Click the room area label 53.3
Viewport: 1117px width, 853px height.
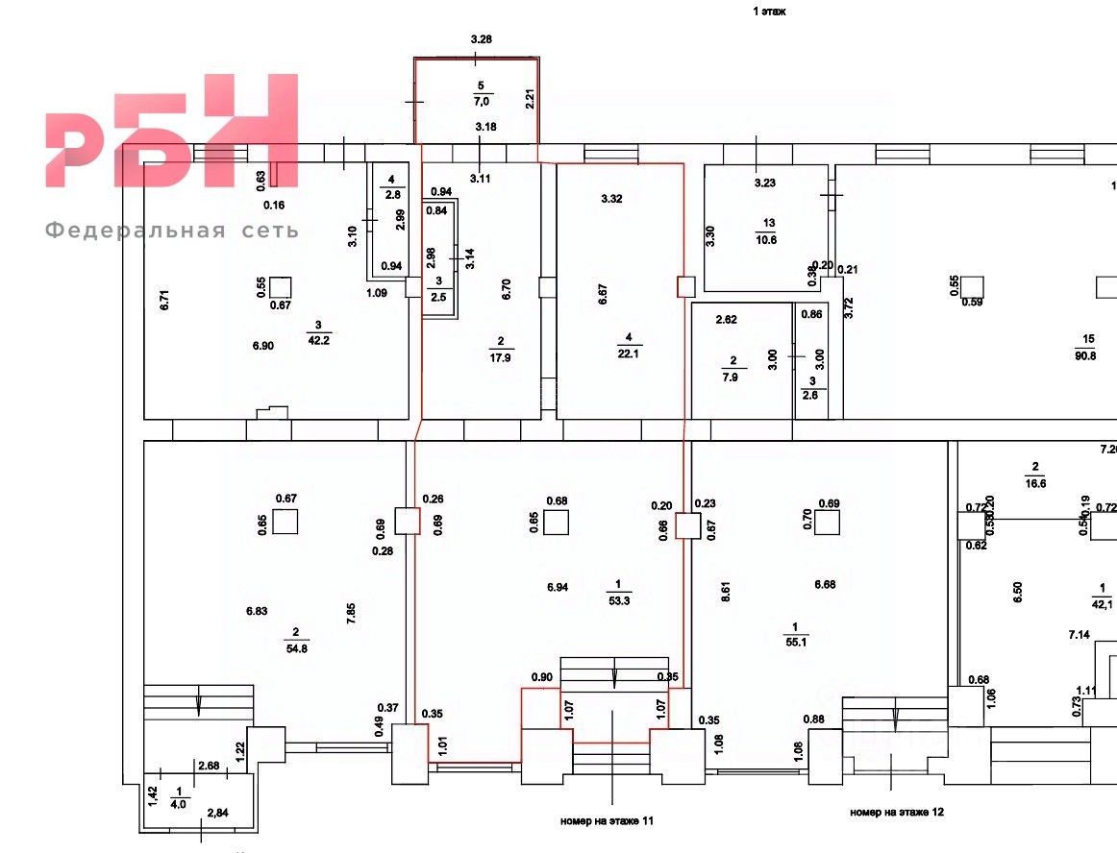coord(617,601)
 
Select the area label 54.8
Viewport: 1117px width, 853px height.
coord(295,648)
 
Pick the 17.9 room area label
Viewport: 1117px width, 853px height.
coord(501,354)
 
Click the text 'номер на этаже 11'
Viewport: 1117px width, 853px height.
coord(607,821)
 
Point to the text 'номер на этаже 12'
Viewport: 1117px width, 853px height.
coord(897,813)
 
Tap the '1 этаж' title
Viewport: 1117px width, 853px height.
coord(769,12)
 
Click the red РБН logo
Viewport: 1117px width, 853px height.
coord(171,132)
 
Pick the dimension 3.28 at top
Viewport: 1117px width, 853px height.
coord(482,39)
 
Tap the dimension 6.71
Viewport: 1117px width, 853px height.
coord(164,299)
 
